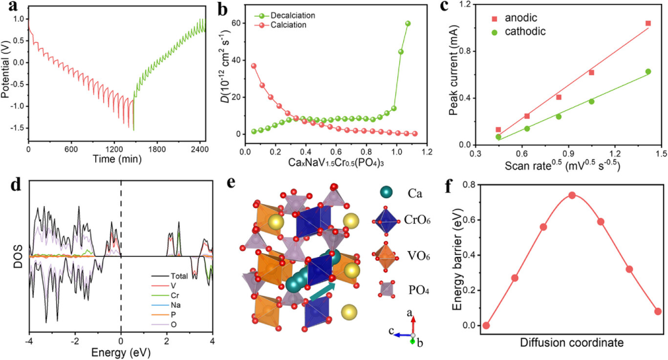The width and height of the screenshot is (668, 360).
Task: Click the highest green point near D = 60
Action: [408, 23]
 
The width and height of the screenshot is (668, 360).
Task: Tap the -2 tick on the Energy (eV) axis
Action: [74, 340]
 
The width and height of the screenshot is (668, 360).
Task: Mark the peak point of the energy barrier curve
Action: [571, 195]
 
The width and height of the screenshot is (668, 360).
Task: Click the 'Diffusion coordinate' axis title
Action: [571, 342]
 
